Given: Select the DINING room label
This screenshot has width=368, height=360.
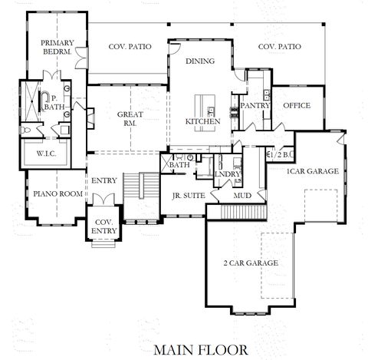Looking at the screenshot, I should click(x=199, y=61).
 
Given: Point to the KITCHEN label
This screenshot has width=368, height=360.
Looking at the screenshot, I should click(x=203, y=121).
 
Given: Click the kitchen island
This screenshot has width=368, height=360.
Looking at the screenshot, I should click(x=205, y=106).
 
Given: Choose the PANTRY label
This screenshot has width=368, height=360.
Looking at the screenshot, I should click(x=252, y=105).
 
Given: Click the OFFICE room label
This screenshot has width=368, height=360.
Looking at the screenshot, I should click(x=297, y=105).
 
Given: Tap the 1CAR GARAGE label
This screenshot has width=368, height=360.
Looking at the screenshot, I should click(x=313, y=172).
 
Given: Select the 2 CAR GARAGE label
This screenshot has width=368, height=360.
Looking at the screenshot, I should click(x=251, y=263).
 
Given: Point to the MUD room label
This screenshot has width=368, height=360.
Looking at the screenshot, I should click(x=242, y=195).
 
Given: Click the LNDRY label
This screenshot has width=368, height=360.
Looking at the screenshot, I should click(x=228, y=174).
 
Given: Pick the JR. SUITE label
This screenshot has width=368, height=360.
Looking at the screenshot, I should click(x=188, y=195).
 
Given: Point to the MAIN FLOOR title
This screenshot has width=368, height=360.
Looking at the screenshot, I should click(x=199, y=349).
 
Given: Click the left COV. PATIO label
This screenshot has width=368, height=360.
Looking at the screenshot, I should click(x=130, y=47).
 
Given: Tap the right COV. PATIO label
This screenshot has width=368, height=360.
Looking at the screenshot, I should click(x=279, y=47).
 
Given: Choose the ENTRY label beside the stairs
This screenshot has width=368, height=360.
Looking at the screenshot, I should click(x=103, y=181).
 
